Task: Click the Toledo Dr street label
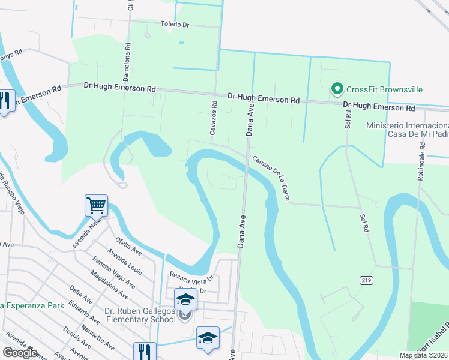(x=175, y=25)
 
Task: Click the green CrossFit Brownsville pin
(x=337, y=90)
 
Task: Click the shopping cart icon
(x=96, y=206)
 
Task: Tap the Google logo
(x=20, y=352)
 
